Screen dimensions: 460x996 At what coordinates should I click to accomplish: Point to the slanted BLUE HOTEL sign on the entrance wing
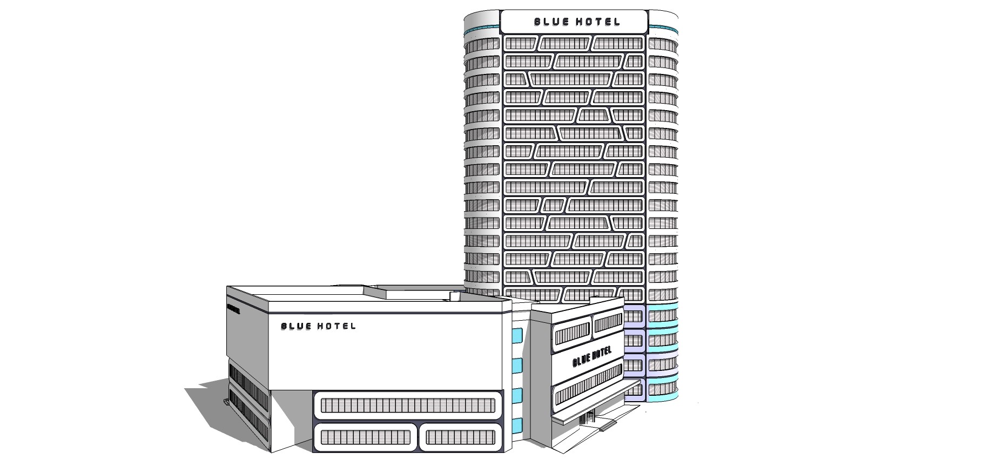pyautogui.click(x=591, y=357)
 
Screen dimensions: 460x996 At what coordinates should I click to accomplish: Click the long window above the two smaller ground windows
pyautogui.click(x=408, y=405)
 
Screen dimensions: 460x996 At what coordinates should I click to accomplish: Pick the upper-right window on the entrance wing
pyautogui.click(x=609, y=324)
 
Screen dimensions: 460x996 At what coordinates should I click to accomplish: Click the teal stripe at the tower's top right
pyautogui.click(x=663, y=27)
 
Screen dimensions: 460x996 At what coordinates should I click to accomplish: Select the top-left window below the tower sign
pyautogui.click(x=520, y=44)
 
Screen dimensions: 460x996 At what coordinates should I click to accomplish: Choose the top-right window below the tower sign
pyautogui.click(x=618, y=44)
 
